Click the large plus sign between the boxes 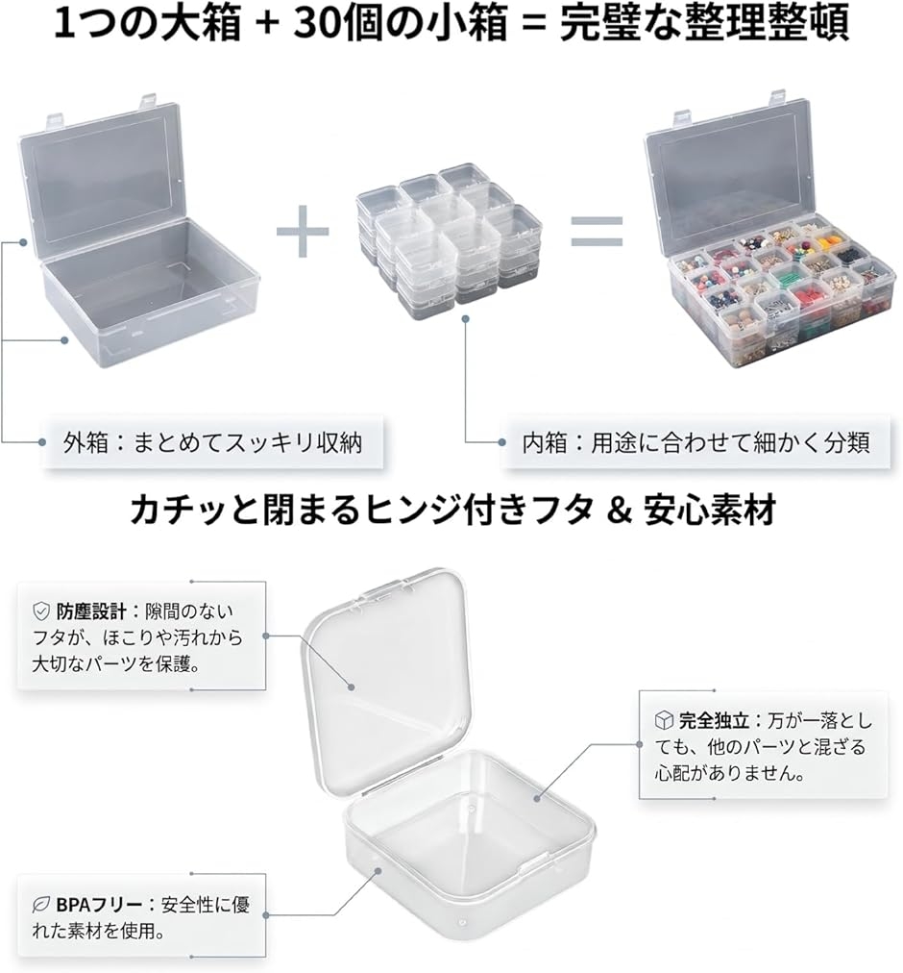pos(302,232)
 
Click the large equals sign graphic pos(597,232)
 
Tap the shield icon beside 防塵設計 pos(41,611)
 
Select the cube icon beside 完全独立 pos(664,720)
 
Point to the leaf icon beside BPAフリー pos(41,905)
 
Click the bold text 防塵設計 pos(91,611)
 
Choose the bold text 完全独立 pos(714,720)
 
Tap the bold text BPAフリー pos(99,905)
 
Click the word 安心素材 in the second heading pos(710,511)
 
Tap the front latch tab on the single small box pos(534,862)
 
